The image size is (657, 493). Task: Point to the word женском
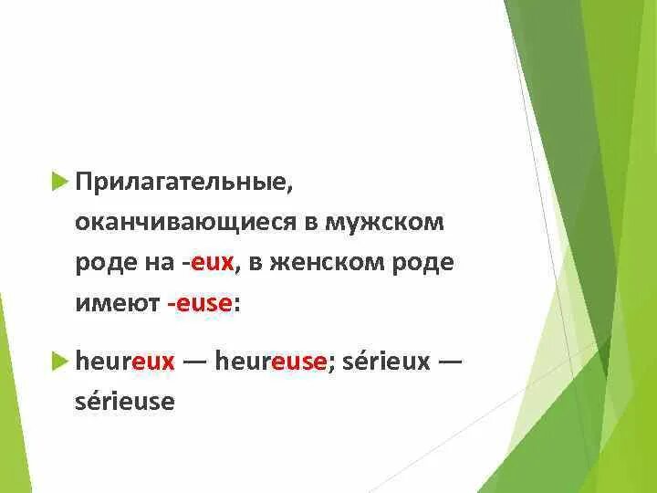pos(320,263)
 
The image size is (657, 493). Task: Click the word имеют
pos(118,303)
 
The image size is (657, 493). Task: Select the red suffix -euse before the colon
pos(200,303)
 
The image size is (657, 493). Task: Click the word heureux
pos(125,361)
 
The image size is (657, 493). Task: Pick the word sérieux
pos(386,361)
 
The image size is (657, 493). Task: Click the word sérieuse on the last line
pos(124,401)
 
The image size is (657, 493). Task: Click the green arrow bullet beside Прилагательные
pos(60,183)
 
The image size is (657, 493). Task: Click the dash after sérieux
pos(451,361)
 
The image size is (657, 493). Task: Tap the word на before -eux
pos(161,263)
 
